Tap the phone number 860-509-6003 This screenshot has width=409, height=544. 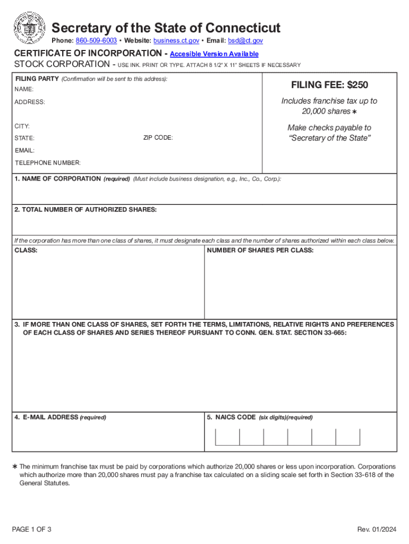(x=96, y=41)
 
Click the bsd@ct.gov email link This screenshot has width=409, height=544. (x=245, y=41)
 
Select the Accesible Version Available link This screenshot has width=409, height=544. (x=214, y=54)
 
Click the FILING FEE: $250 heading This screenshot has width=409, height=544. (x=329, y=85)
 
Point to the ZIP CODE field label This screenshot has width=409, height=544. (x=158, y=138)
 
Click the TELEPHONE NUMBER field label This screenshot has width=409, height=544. (x=48, y=163)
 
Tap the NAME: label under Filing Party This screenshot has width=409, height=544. (x=24, y=90)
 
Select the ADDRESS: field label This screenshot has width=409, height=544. (x=30, y=102)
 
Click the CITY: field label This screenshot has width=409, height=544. (x=22, y=126)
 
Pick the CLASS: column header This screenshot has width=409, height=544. (x=25, y=250)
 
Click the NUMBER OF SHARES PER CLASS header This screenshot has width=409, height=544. (x=260, y=250)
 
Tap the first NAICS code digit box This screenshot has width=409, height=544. (x=227, y=436)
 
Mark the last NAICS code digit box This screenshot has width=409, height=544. (x=348, y=436)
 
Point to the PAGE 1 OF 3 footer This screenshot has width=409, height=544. (x=32, y=530)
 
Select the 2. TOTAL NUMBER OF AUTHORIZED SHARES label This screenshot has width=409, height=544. (x=86, y=210)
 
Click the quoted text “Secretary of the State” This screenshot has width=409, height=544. (x=329, y=138)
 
